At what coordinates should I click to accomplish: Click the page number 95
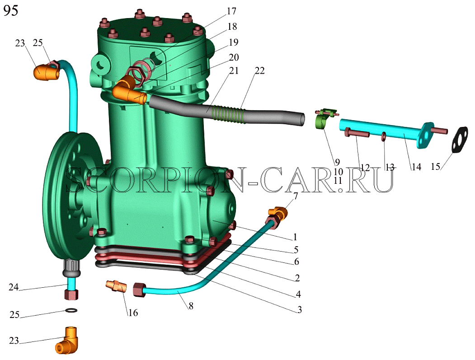[10, 10]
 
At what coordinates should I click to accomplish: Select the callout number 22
[259, 70]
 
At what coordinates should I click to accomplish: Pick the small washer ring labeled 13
[384, 136]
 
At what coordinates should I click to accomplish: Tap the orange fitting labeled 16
[115, 286]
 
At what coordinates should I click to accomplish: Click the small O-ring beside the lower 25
[71, 310]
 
